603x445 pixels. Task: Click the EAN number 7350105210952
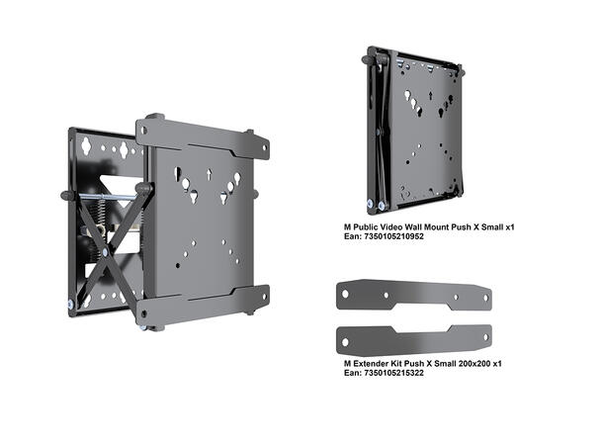coord(383,238)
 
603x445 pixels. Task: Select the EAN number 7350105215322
coord(383,375)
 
